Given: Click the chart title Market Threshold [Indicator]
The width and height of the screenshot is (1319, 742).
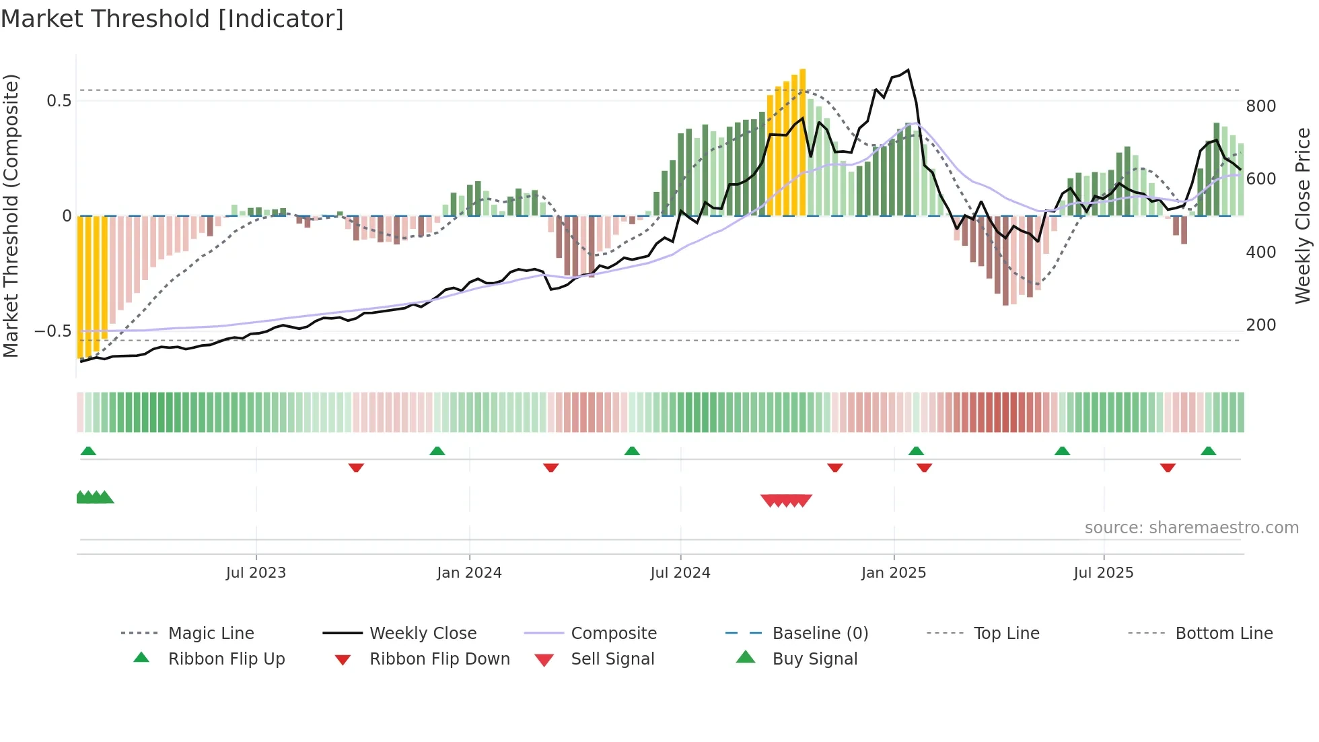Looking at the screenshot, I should [172, 19].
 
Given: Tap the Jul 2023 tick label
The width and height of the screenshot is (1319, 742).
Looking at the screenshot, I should [256, 573].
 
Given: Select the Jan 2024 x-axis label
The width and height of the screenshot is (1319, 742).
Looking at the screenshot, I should [469, 573].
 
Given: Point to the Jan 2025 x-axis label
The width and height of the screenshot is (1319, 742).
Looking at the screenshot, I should [894, 573].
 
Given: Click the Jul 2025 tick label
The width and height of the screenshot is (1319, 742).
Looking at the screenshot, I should [1104, 573].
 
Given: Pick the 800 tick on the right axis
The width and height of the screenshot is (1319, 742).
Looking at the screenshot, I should [1260, 106].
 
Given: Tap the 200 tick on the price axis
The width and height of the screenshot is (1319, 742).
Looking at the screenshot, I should [1260, 325].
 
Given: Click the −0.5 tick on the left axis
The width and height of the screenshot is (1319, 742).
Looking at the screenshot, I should [52, 331].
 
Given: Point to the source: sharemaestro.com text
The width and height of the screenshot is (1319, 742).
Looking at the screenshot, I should [1191, 528].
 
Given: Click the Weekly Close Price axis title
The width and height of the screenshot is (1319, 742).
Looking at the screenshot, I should [1303, 215].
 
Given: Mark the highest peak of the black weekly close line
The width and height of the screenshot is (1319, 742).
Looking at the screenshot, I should [908, 70].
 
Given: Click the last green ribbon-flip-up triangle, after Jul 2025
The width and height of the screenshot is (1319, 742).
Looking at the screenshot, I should [1208, 451].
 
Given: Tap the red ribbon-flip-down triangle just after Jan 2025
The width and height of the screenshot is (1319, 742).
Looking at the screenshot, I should [924, 467].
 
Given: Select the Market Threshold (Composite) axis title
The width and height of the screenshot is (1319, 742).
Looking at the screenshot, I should [11, 215].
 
